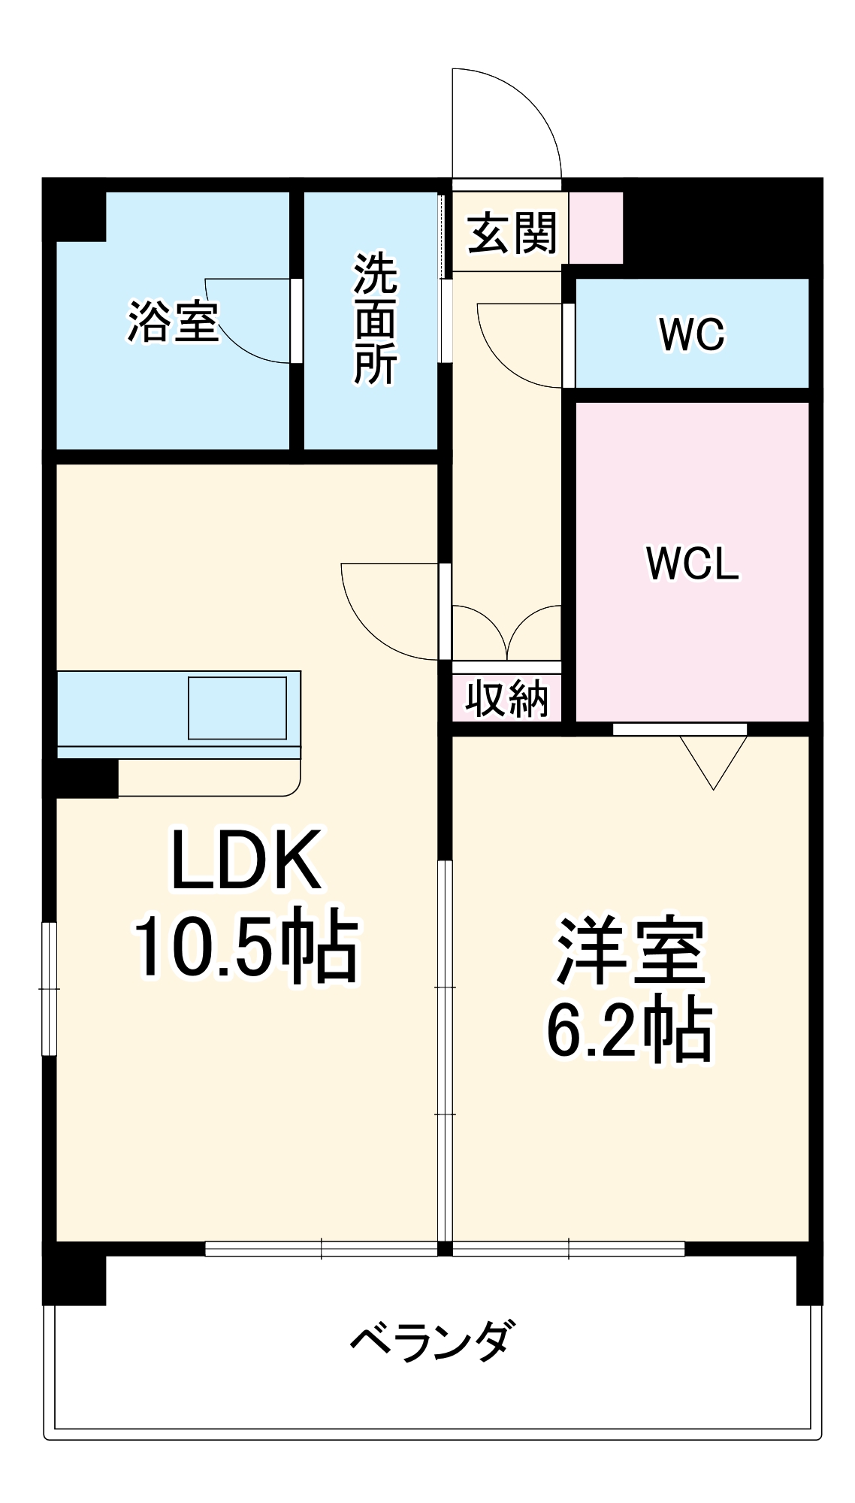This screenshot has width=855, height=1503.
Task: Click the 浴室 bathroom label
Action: pos(173,322)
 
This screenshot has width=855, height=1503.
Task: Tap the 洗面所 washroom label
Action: pos(375,319)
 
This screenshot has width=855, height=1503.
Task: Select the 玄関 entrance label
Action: pos(512,234)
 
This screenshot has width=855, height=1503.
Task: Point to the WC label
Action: pos(692,334)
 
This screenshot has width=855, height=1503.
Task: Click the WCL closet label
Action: pos(692,563)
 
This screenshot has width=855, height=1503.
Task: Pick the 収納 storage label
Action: pos(506,699)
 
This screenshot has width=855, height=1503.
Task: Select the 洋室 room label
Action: pos(630,951)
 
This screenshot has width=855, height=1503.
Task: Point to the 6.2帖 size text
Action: pos(630,1030)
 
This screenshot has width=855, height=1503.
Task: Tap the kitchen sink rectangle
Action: pos(237,708)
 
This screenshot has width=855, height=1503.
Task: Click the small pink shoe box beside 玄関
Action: pos(596,228)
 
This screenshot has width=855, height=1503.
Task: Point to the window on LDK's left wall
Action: pos(49,988)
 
